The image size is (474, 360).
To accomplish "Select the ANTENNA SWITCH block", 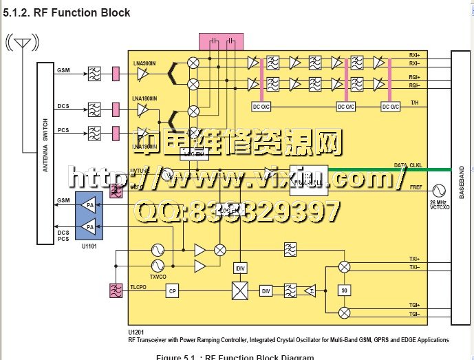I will click(x=45, y=153).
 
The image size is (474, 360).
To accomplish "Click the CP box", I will click(x=172, y=292).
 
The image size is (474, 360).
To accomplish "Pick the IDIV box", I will click(x=240, y=268).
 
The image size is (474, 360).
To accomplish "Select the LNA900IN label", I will click(x=144, y=63).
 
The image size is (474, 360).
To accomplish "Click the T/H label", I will click(x=415, y=103).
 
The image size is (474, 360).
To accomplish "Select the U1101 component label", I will click(x=88, y=244).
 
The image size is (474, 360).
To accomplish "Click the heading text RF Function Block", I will click(x=67, y=12).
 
